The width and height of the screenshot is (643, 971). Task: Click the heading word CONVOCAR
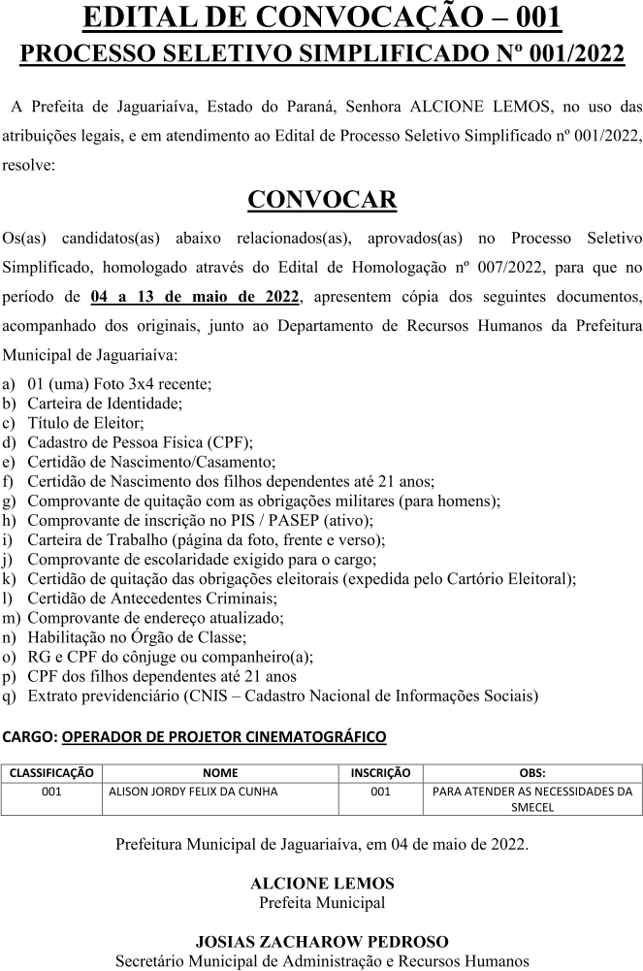[x=322, y=200]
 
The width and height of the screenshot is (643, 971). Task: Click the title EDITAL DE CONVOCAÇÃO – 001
[x=322, y=18]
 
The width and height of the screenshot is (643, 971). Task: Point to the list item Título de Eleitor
[x=85, y=422]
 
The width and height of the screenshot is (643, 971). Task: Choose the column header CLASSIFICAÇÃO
[x=51, y=773]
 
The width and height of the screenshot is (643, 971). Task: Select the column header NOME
[x=220, y=773]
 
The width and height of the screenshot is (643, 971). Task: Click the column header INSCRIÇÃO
[x=380, y=773]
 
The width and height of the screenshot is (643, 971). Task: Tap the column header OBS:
[x=531, y=773]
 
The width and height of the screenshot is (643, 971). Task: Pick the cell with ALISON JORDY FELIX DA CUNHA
[x=193, y=792]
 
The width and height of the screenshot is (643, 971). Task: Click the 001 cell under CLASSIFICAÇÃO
[x=51, y=792]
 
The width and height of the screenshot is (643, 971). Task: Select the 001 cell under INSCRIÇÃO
[x=380, y=792]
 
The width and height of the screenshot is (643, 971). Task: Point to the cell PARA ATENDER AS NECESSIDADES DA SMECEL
[x=531, y=798]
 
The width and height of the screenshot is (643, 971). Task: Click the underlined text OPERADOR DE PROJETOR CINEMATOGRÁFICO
[x=224, y=737]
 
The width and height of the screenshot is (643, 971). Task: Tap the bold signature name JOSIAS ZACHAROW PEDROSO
[x=322, y=942]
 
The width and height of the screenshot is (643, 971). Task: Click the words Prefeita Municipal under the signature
[x=322, y=902]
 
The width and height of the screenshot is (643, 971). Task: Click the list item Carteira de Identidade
[x=104, y=403]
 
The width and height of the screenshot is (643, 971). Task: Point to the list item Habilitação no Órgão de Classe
[x=137, y=637]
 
